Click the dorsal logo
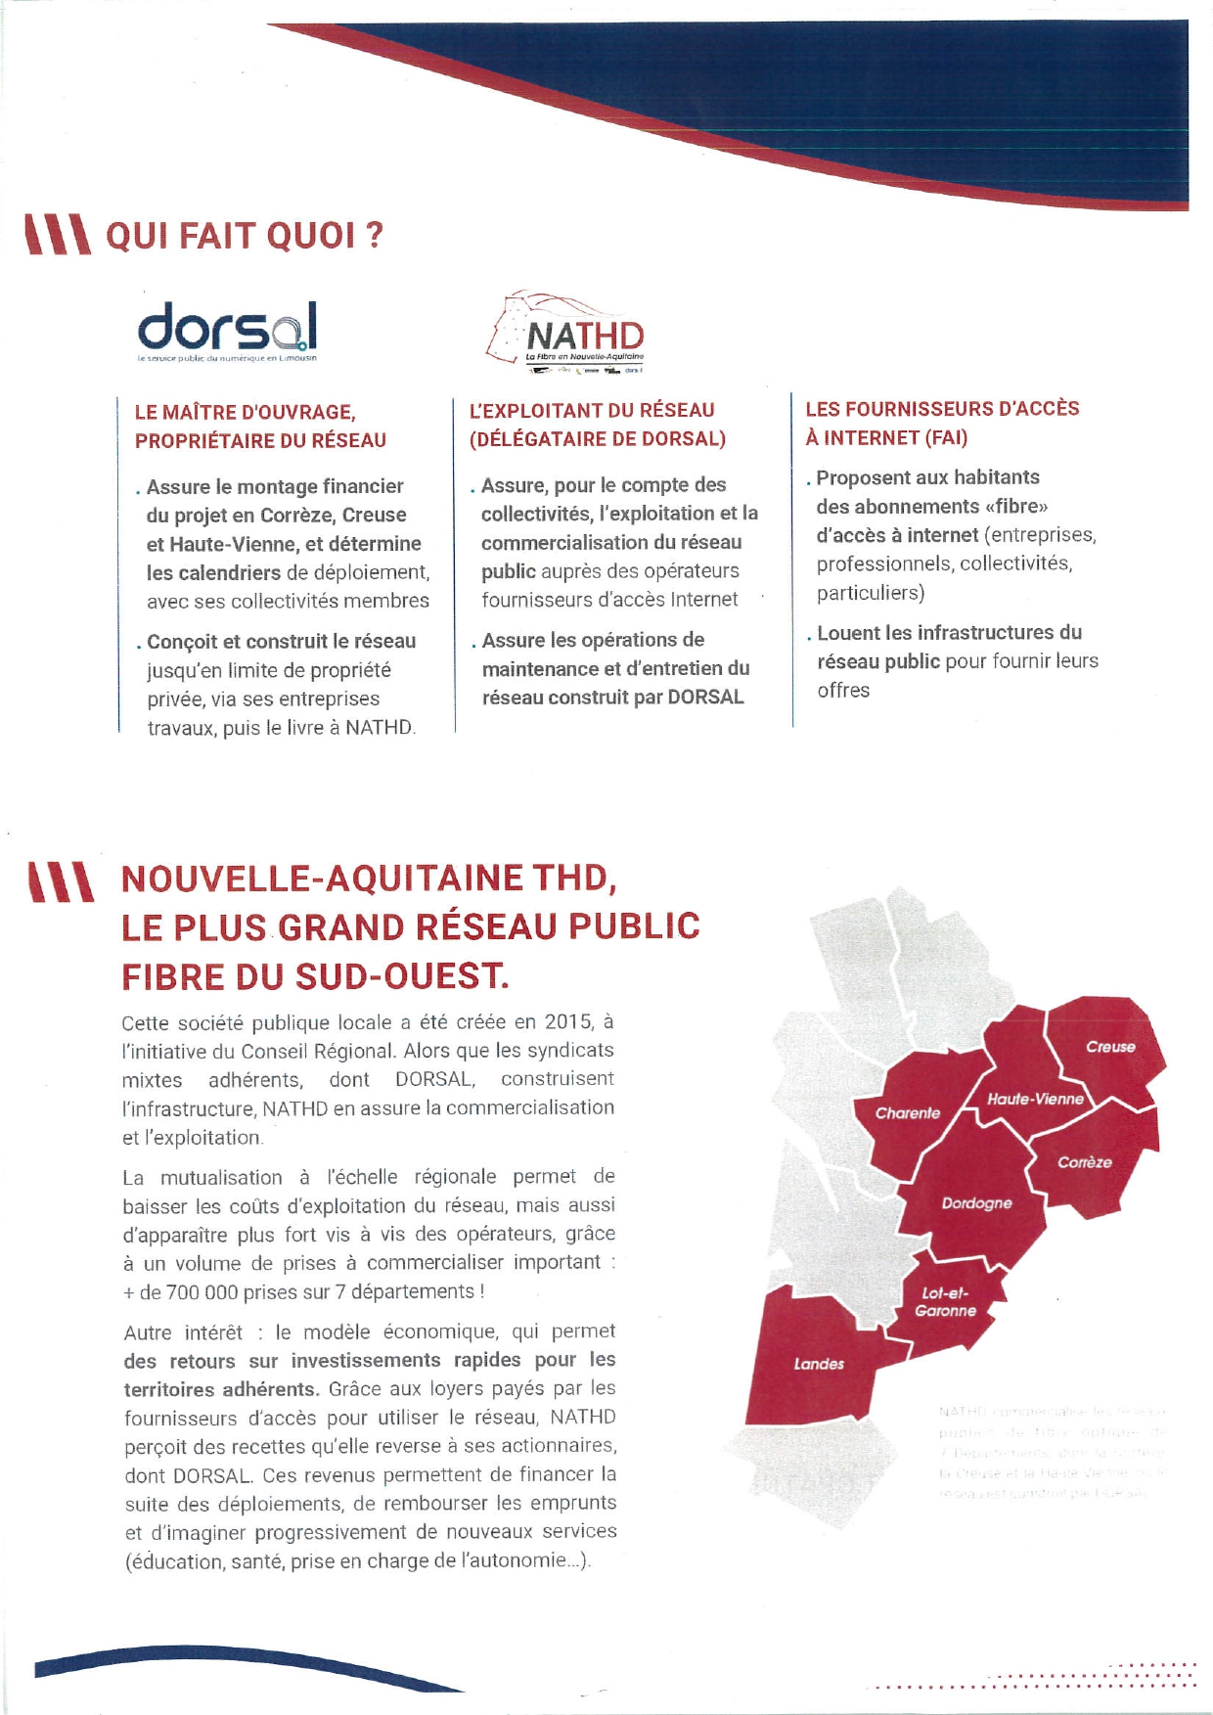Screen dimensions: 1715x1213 pyautogui.click(x=227, y=331)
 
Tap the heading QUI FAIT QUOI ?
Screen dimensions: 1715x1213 pyautogui.click(x=244, y=236)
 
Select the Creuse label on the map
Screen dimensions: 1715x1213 pyautogui.click(x=1110, y=1047)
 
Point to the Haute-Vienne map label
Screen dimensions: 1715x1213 pyautogui.click(x=1035, y=1099)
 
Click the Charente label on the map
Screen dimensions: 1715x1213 pyautogui.click(x=907, y=1113)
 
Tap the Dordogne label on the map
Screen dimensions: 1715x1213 pyautogui.click(x=976, y=1203)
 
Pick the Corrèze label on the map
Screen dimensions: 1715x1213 pyautogui.click(x=1084, y=1162)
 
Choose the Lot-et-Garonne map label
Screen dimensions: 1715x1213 pyautogui.click(x=945, y=1302)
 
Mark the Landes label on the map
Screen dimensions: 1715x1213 pyautogui.click(x=819, y=1364)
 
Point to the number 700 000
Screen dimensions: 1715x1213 pyautogui.click(x=202, y=1292)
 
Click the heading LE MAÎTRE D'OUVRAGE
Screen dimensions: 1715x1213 pyautogui.click(x=245, y=413)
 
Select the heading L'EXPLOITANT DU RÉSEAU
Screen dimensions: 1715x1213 pyautogui.click(x=592, y=411)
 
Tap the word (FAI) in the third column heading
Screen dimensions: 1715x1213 pyautogui.click(x=943, y=438)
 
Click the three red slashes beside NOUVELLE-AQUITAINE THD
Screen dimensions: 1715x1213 pyautogui.click(x=61, y=880)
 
